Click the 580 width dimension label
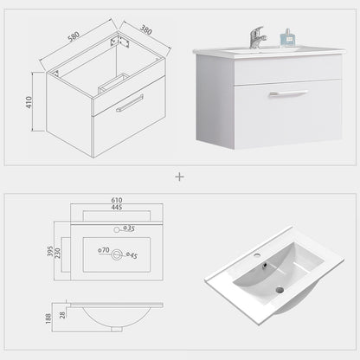74,36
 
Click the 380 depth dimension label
146,29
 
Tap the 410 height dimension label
29,102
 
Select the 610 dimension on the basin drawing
117,200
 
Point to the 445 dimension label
117,207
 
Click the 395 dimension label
50,251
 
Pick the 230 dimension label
58,254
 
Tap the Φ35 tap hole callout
129,228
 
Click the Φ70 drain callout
104,250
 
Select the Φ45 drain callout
132,255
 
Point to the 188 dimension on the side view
48,318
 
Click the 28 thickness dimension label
62,315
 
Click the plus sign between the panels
179,177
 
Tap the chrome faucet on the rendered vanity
258,37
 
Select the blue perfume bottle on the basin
287,38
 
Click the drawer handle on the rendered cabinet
288,93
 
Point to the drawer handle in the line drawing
130,103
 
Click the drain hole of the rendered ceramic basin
280,290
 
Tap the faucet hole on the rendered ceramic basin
256,255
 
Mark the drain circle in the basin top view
117,254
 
